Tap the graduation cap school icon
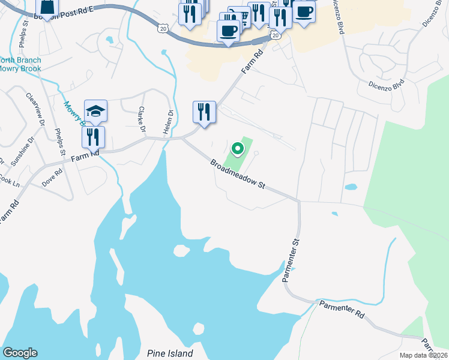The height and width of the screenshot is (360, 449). tap(95, 111)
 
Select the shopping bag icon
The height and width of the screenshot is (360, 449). tap(47, 8)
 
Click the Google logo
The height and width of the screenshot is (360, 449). tap(20, 353)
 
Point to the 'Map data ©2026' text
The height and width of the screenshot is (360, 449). tap(423, 355)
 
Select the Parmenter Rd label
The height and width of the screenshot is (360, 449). tap(342, 309)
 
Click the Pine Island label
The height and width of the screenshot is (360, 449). tap(170, 353)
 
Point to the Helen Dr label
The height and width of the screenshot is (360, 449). tap(169, 122)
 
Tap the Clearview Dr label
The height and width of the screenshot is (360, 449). tap(35, 109)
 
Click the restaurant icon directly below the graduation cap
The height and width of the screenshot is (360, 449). tap(93, 137)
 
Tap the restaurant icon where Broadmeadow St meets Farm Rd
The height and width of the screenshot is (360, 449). tap(204, 112)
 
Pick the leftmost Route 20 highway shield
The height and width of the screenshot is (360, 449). tap(163, 29)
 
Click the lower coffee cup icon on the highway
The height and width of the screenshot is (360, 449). tap(228, 31)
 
